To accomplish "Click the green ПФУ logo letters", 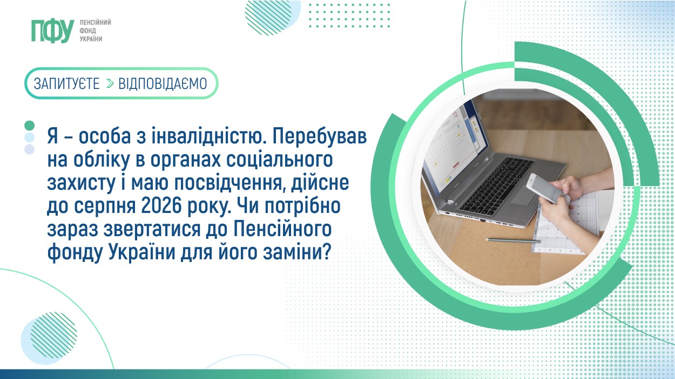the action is point(53,31).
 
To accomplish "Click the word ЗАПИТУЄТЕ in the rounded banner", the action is point(66,84).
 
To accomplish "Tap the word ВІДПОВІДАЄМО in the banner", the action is point(163,84).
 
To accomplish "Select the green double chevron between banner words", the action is point(110,84).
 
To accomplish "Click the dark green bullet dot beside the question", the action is point(29,126).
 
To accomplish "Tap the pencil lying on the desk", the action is point(512,240).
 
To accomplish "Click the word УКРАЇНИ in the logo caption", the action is point(91,39).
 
